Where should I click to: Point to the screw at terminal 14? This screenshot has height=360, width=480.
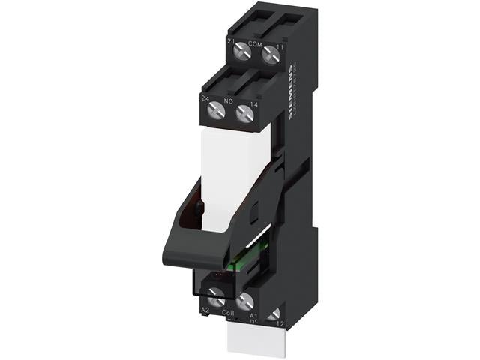(x=243, y=113)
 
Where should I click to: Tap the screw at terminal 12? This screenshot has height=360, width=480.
(x=273, y=313)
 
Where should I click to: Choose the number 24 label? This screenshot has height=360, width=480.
(x=205, y=98)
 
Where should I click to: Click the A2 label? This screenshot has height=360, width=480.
(x=204, y=309)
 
